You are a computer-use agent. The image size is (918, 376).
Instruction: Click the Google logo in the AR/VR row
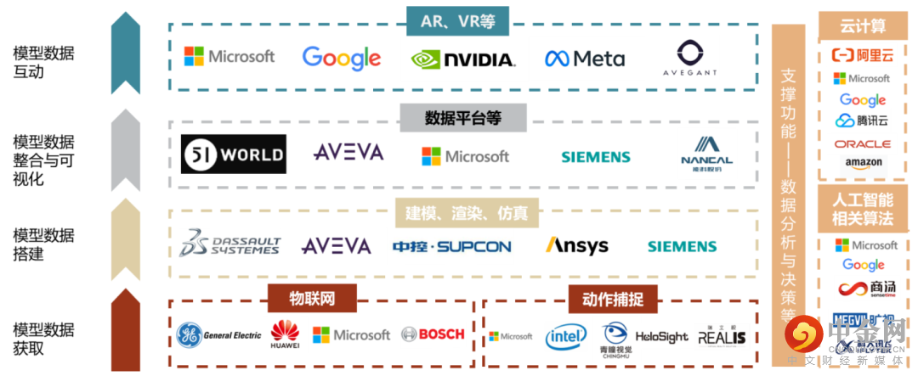tap(341, 58)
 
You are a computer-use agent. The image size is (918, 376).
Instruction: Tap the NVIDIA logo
tap(462, 59)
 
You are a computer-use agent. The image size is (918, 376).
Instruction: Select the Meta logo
tap(585, 59)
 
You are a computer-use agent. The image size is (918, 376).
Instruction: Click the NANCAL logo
tap(706, 154)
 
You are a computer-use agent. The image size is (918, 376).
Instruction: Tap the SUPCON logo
tap(451, 247)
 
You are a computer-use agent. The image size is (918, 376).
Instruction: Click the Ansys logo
tap(576, 245)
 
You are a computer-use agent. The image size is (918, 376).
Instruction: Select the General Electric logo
tap(218, 335)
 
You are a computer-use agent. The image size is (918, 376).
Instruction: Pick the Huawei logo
tap(285, 334)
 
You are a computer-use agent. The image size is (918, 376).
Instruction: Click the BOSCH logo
tap(433, 334)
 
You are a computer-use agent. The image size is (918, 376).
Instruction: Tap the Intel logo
tap(565, 336)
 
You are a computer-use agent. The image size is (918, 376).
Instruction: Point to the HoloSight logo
tap(661, 337)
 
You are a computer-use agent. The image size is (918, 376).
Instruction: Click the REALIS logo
tap(722, 336)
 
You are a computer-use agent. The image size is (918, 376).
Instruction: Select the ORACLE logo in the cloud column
tap(862, 144)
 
